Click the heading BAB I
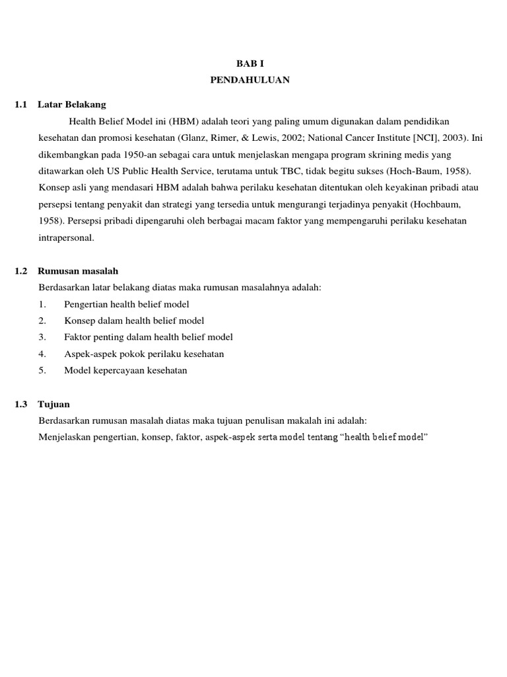(x=250, y=64)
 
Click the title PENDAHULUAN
(x=250, y=80)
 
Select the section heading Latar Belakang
(x=72, y=104)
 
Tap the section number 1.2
(x=21, y=271)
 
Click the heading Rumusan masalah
(x=78, y=271)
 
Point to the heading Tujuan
(x=53, y=404)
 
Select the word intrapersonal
(x=67, y=237)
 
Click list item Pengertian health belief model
(x=127, y=304)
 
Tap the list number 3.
(x=42, y=337)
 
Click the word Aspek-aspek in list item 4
(x=88, y=354)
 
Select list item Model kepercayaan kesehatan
(x=125, y=370)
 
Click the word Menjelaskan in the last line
(x=65, y=437)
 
